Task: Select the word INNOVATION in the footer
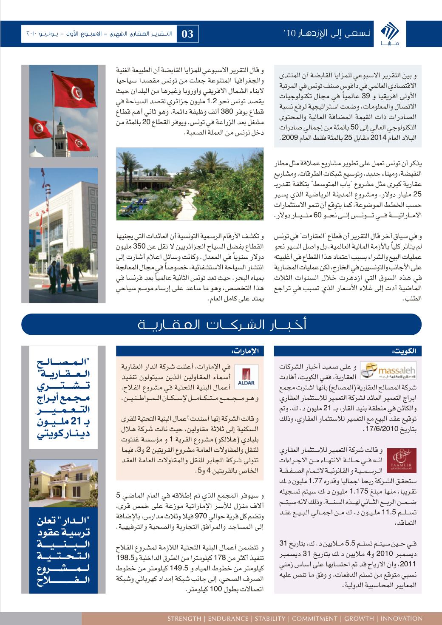pos(402,618)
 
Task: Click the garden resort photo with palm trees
pos(190,184)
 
